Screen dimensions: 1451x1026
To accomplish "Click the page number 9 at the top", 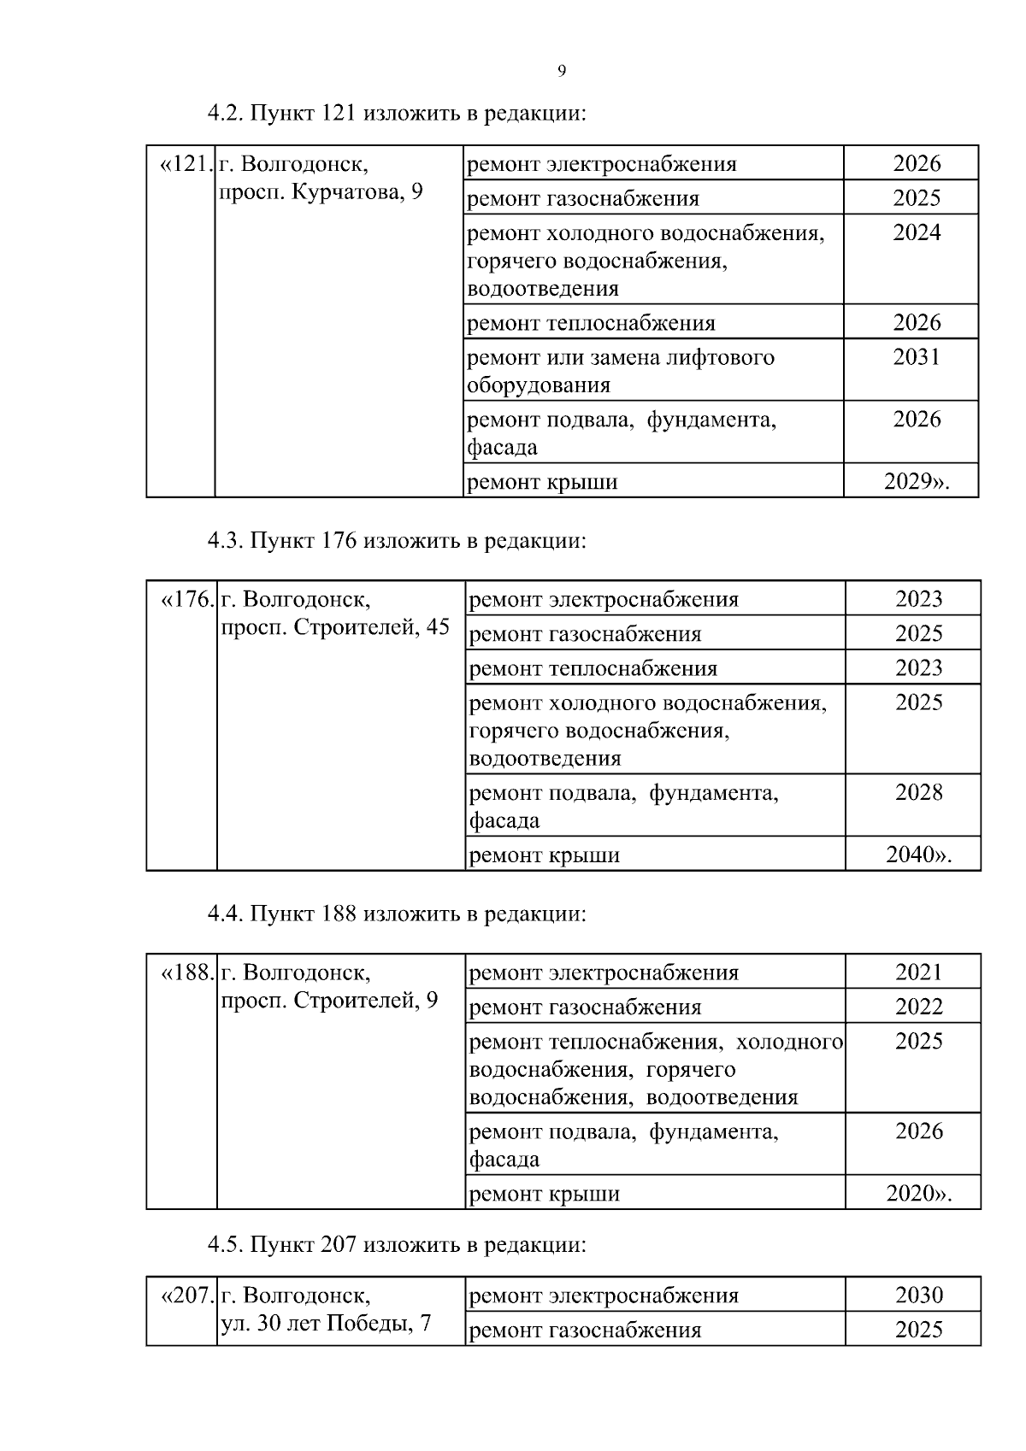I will [x=562, y=71].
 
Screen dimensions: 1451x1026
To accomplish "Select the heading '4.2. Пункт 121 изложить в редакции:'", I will [x=397, y=114].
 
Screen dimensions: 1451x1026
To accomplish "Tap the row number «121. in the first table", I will [x=185, y=164].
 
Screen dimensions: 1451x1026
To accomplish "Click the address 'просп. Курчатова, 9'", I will [x=321, y=192].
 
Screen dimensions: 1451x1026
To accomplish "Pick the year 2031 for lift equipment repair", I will [x=916, y=357].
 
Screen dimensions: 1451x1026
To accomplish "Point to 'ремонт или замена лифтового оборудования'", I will [x=621, y=371].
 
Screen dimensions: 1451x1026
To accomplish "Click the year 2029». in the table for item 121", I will [x=917, y=482].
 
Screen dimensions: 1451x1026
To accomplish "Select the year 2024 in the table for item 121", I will [x=916, y=232].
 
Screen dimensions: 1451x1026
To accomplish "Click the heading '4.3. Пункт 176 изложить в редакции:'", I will [x=397, y=541].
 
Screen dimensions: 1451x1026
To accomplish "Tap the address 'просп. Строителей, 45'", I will [x=335, y=628].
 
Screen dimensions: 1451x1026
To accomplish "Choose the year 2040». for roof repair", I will [x=918, y=855].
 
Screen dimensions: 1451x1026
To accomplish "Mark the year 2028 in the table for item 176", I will [x=918, y=793].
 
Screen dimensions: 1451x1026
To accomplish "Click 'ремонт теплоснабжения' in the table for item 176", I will [x=593, y=668].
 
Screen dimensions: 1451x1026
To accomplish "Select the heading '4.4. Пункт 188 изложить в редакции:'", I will [x=397, y=914].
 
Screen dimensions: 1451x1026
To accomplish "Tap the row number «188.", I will [x=186, y=973].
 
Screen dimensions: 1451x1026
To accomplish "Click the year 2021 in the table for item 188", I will [x=918, y=972].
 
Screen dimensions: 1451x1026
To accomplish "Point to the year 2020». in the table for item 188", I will [x=918, y=1194].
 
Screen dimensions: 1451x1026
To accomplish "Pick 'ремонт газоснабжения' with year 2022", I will [x=586, y=1007].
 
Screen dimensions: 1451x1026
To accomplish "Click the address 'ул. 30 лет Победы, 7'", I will [x=326, y=1325].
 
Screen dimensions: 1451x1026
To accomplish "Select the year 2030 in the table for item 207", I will [x=918, y=1295].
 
